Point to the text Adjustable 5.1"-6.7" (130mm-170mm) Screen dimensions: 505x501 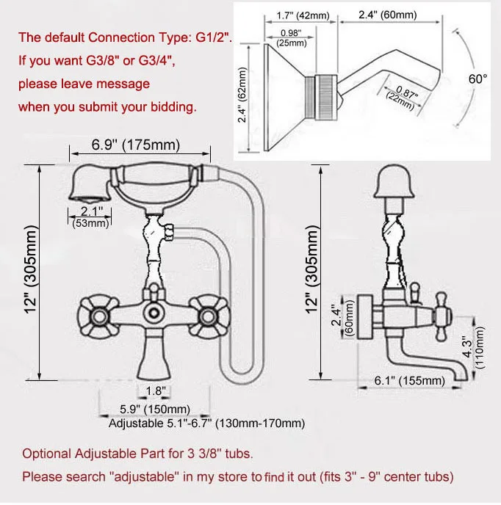tap(206, 424)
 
